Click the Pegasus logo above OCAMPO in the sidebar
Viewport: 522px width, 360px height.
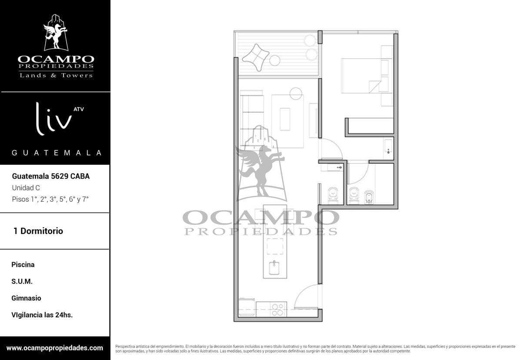(x=56, y=33)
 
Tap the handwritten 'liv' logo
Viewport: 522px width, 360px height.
(x=54, y=119)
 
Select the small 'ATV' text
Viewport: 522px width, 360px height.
(x=79, y=109)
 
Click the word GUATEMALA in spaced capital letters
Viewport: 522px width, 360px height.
(x=57, y=153)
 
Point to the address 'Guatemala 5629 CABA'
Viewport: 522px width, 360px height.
(x=51, y=176)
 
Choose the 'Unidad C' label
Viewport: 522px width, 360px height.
(x=26, y=188)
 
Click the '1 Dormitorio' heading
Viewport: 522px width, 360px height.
(x=38, y=231)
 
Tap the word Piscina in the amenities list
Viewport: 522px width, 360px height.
(x=23, y=264)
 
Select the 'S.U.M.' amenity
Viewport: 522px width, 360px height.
(x=22, y=281)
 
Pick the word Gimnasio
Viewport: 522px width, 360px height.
(x=26, y=298)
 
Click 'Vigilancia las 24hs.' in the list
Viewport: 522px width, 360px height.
(x=42, y=315)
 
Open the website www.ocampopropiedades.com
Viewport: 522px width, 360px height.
(x=54, y=348)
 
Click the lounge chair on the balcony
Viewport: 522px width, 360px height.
(x=256, y=57)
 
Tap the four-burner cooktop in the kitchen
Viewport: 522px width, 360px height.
(x=278, y=310)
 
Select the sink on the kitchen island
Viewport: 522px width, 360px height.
(x=274, y=267)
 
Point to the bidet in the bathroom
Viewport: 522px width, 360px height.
(x=369, y=197)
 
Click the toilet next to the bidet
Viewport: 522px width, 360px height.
(x=354, y=195)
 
